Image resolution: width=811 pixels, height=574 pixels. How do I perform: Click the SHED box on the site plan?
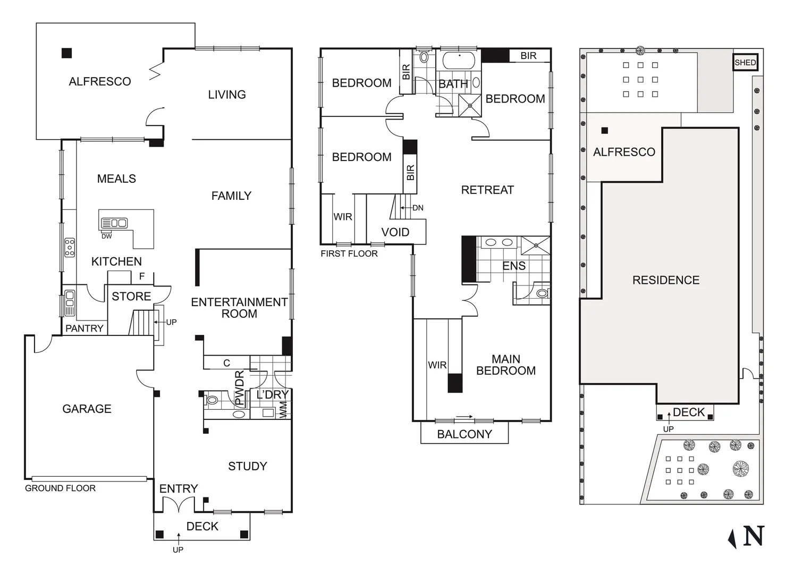pos(745,63)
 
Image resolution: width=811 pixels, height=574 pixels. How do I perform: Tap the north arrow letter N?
pos(754,536)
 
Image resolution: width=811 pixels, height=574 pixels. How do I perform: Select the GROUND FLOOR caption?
pos(60,488)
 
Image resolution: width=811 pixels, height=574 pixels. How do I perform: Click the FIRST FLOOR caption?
pos(349,254)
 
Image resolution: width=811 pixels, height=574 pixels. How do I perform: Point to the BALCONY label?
pos(464,434)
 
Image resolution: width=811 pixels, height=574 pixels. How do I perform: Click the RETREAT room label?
pos(487,190)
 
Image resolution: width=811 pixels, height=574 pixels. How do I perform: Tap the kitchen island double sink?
pos(114,223)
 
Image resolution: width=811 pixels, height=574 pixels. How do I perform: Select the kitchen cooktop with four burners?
pos(70,248)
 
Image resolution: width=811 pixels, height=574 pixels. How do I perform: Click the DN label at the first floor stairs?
pos(418,208)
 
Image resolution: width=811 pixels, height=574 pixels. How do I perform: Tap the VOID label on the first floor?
pos(395,232)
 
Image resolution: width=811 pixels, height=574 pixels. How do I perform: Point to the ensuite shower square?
pos(535,246)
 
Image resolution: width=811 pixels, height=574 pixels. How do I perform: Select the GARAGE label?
pos(87,409)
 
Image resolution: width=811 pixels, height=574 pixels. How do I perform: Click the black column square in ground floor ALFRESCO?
pos(66,53)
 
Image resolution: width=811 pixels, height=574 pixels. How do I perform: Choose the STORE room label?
pos(131,296)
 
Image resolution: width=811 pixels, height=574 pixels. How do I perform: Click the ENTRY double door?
pos(178,505)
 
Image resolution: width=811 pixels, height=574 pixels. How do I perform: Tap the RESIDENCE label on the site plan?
pos(666,280)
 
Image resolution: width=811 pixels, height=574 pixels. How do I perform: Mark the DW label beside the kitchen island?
pos(107,237)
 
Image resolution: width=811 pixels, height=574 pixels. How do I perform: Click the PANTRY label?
pos(84,328)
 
